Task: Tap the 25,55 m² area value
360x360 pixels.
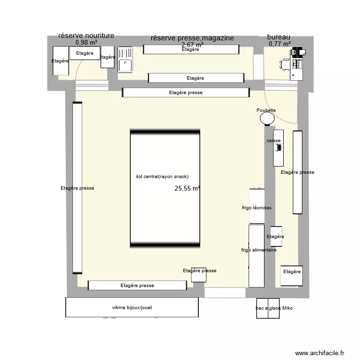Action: [x=187, y=189]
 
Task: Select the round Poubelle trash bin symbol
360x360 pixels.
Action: [x=266, y=119]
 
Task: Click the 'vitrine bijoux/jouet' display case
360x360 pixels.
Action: [x=132, y=307]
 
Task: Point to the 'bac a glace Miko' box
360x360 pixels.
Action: [x=274, y=308]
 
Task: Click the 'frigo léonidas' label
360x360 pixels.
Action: [x=257, y=208]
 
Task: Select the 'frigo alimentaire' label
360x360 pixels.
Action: [x=258, y=250]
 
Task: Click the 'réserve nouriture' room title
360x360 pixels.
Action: [x=86, y=36]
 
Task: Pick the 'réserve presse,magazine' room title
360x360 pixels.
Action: [x=192, y=38]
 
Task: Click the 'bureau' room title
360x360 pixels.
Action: [x=278, y=36]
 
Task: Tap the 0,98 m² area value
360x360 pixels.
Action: [x=86, y=43]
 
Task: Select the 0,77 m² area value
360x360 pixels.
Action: [x=280, y=44]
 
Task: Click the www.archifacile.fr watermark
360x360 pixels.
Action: [x=320, y=353]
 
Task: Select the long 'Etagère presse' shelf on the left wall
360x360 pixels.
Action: [x=77, y=188]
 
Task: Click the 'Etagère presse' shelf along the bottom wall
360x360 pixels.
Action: [x=137, y=285]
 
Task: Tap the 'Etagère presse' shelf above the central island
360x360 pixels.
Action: [x=186, y=93]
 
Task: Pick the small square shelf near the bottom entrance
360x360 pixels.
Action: [x=198, y=275]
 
